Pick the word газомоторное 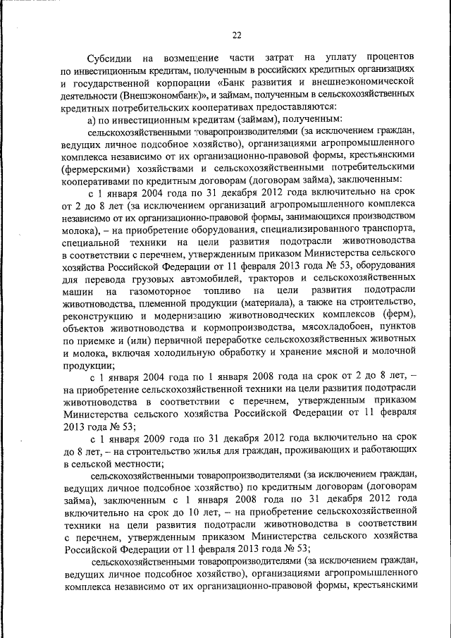[x=159, y=290]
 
